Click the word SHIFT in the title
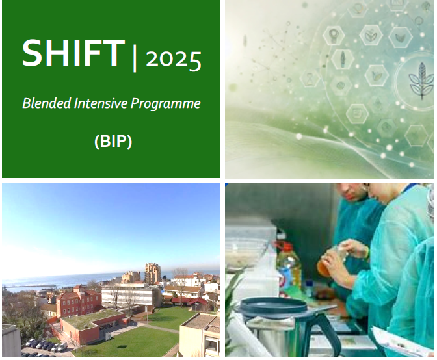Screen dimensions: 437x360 pos(73,53)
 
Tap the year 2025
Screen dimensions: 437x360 pos(174,60)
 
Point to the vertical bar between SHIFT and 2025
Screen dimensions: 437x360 pos(135,59)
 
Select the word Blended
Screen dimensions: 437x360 pos(47,103)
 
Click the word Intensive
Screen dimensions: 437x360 pos(101,103)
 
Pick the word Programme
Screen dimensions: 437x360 pos(166,104)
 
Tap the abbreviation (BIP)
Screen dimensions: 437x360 pos(113,142)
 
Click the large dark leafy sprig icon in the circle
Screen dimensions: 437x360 pos(421,81)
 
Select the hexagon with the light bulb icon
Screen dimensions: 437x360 pos(334,35)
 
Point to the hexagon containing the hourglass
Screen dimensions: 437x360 pos(310,79)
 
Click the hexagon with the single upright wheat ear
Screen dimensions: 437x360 pos(343,58)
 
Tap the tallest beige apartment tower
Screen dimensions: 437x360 pos(152,273)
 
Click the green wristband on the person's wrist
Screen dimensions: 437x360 pos(367,252)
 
